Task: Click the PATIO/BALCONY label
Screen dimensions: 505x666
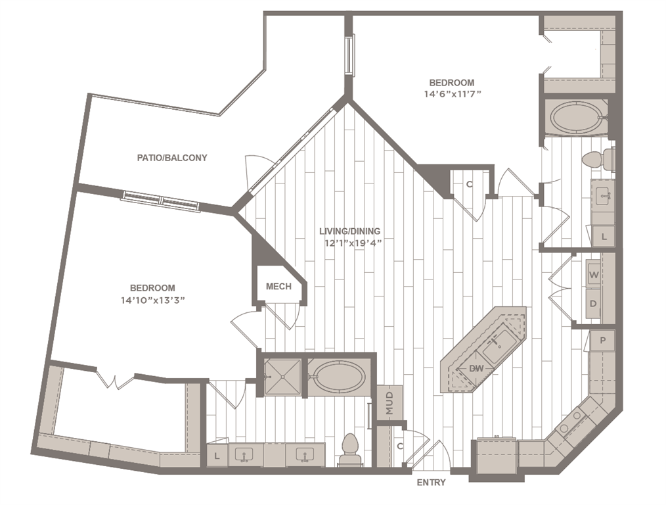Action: (x=171, y=158)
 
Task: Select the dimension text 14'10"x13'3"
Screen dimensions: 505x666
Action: (x=152, y=300)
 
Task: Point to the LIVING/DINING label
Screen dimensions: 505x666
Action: (x=349, y=231)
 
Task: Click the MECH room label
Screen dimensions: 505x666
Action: (x=278, y=287)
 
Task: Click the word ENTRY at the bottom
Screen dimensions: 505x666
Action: (x=431, y=483)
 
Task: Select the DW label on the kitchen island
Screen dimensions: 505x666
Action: (x=476, y=370)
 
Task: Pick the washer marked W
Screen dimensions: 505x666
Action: (x=593, y=275)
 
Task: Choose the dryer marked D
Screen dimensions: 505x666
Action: (x=593, y=304)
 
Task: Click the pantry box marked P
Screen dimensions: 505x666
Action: (x=602, y=341)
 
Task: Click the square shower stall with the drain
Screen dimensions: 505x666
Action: (x=282, y=377)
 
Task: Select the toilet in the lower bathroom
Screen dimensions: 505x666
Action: (x=349, y=450)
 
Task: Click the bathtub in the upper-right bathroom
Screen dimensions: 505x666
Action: (x=574, y=118)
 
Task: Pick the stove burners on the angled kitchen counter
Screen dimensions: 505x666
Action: (x=570, y=421)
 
